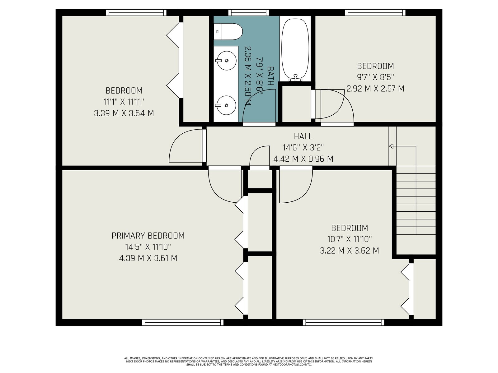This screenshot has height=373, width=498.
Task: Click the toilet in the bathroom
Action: [x=228, y=32]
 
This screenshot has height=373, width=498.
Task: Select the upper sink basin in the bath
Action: [x=226, y=61]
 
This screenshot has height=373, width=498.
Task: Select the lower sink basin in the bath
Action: [x=226, y=105]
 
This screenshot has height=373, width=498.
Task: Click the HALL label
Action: [x=303, y=136]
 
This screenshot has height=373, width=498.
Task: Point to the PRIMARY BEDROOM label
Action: [x=148, y=236]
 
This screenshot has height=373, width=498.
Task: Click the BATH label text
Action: [x=270, y=76]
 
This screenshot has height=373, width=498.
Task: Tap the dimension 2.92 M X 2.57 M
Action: [x=375, y=88]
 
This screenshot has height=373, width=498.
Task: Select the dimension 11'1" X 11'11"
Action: [x=124, y=102]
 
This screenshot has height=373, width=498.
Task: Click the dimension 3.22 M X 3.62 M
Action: [x=350, y=251]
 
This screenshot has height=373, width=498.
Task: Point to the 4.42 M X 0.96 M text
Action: [x=303, y=159]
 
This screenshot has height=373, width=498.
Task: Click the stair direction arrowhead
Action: [x=391, y=146]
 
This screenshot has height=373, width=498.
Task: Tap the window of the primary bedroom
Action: [x=183, y=322]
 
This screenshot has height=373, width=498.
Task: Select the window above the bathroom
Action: [x=248, y=12]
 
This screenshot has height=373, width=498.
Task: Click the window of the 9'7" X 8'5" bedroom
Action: [x=375, y=12]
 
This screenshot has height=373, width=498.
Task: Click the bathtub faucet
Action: [x=295, y=77]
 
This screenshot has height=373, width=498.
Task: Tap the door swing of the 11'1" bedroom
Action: [x=186, y=145]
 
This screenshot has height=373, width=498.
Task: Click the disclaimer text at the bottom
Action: [x=249, y=361]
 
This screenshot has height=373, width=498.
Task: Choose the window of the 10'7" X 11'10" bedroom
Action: [x=344, y=322]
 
